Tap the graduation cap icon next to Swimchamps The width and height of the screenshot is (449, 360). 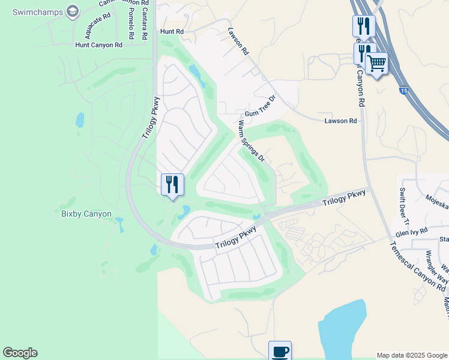[73, 11]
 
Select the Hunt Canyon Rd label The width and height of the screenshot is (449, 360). [98, 45]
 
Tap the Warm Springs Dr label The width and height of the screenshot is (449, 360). [252, 141]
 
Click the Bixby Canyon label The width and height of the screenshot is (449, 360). [86, 214]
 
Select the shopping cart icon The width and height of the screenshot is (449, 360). [376, 62]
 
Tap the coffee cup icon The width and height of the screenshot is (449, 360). [279, 351]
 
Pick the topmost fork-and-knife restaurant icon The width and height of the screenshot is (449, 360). [363, 26]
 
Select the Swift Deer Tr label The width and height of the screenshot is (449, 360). [403, 204]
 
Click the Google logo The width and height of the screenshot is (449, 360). [20, 353]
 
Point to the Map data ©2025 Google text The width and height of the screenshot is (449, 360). [412, 355]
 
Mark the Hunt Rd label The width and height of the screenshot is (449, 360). [171, 31]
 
